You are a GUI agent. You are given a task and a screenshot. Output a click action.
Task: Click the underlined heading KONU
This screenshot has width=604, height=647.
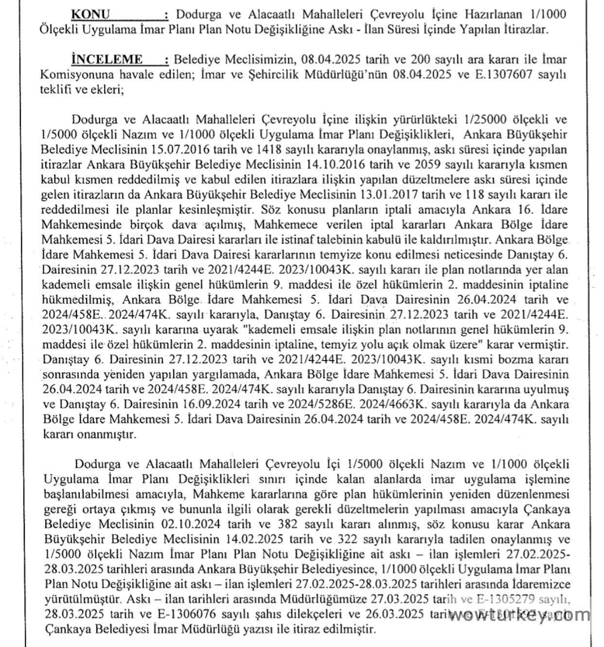click(90, 14)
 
